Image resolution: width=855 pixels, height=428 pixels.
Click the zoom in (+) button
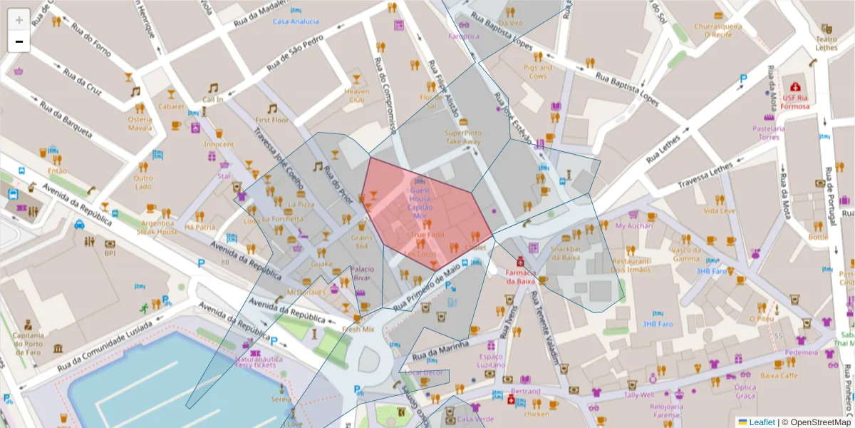tap(19, 19)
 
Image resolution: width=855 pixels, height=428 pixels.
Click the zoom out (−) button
tap(19, 41)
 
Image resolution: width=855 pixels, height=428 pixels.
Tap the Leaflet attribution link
tap(762, 422)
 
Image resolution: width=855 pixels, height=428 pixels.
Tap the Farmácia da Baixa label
tap(520, 277)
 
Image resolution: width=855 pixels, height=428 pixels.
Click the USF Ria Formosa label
tap(796, 102)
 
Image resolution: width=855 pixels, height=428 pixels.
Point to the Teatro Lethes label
tap(826, 44)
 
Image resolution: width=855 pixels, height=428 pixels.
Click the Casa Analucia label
tap(296, 21)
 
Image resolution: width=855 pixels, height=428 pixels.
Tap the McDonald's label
tap(306, 292)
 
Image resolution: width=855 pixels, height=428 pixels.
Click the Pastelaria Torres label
tap(768, 133)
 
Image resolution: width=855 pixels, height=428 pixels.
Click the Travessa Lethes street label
tap(705, 175)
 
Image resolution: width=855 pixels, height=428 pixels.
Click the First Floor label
tap(271, 121)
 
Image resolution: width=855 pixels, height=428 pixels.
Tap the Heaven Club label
tap(356, 96)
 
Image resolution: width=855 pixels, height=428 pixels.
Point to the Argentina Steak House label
tap(157, 227)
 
